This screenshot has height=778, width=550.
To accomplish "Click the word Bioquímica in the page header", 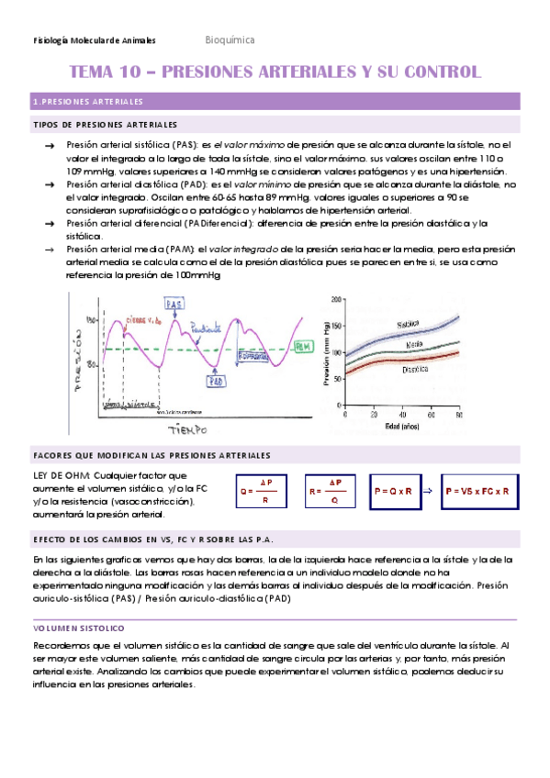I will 230,40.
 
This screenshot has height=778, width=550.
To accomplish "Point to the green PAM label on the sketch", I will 304,346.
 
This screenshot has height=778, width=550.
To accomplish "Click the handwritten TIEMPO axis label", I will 184,429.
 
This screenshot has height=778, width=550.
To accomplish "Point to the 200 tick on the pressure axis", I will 336,298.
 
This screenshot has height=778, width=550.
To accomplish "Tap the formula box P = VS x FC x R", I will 476,491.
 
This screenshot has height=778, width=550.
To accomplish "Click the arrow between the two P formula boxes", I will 428,491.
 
